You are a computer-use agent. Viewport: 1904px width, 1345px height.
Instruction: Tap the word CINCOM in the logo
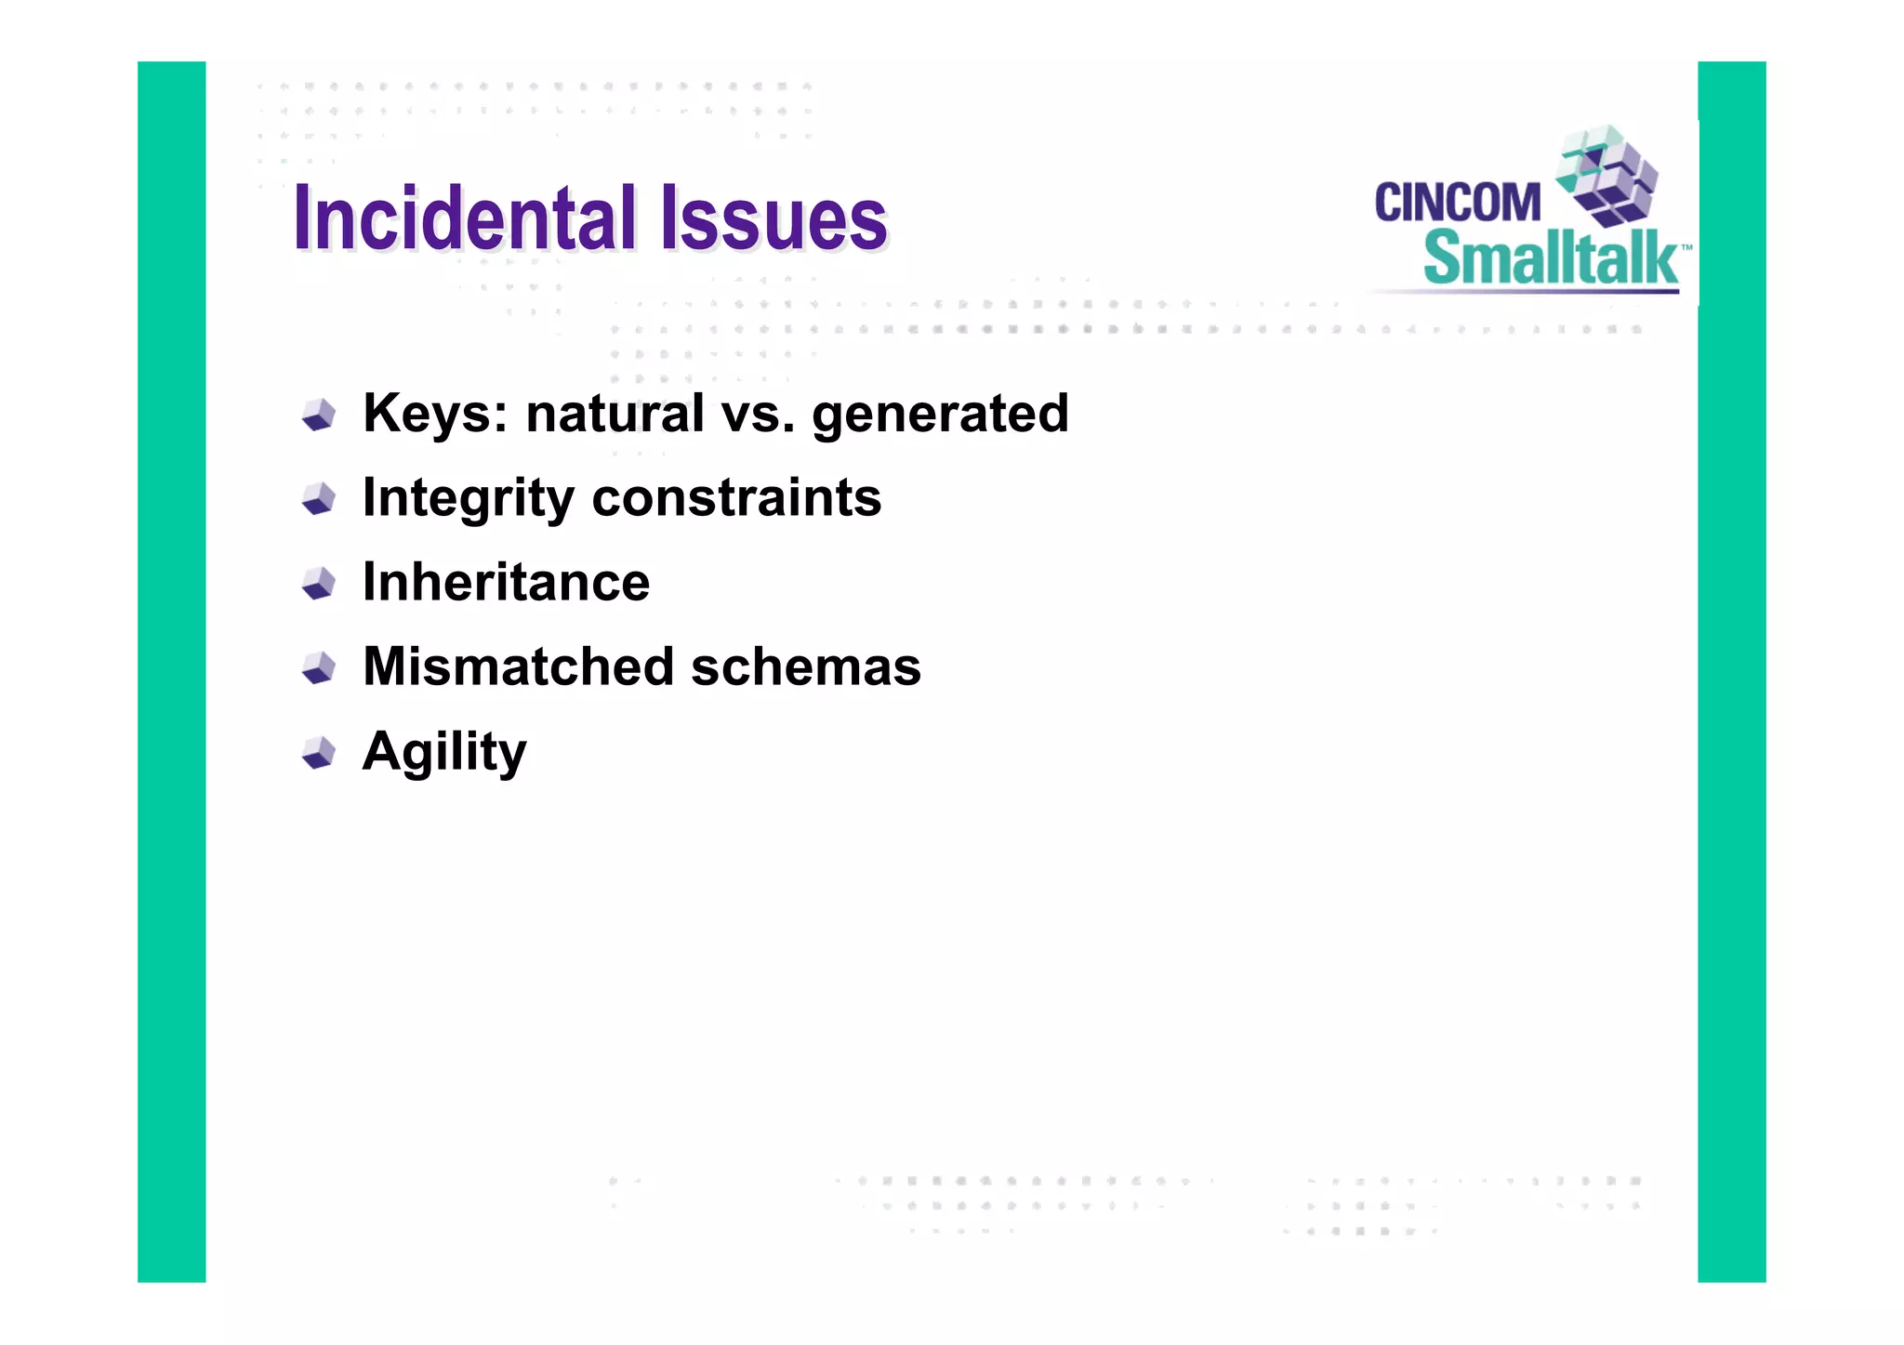1457,203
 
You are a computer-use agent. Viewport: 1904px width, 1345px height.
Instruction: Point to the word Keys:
435,414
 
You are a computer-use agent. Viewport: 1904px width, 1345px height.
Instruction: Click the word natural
615,414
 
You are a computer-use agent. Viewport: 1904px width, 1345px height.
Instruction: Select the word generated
940,414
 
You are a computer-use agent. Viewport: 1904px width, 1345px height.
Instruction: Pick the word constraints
736,498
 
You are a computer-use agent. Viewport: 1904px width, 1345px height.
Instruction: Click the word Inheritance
506,583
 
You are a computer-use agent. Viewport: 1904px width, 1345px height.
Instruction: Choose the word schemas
805,666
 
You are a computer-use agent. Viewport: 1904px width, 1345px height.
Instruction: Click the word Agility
443,752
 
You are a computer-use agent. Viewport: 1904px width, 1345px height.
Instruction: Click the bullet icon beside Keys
319,415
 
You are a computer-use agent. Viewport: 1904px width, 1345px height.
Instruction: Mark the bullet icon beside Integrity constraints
319,499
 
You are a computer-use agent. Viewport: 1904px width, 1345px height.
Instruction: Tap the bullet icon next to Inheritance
319,584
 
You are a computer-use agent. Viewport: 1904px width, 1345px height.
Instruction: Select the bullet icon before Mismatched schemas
319,667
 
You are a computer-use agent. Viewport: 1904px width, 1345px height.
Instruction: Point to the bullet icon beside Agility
319,753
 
